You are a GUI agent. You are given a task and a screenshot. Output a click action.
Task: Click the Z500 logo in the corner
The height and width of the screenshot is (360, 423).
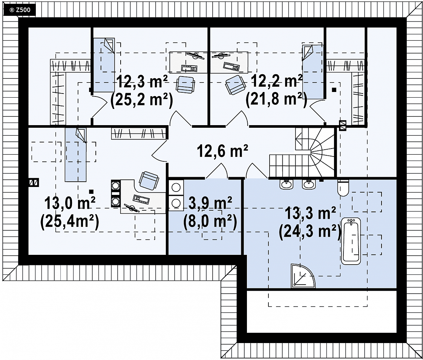pyautogui.click(x=20, y=10)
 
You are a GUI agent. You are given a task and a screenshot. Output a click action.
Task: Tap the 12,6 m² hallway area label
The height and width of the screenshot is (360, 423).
pyautogui.click(x=222, y=151)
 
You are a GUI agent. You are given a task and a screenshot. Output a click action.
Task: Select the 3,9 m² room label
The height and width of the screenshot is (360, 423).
pyautogui.click(x=210, y=204)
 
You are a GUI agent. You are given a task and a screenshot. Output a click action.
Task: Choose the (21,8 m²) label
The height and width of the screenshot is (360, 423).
pyautogui.click(x=276, y=100)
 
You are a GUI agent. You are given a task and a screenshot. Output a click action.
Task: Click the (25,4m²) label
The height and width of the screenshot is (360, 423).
pyautogui.click(x=70, y=222)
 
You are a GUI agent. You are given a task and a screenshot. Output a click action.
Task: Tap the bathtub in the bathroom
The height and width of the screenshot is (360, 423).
pyautogui.click(x=351, y=241)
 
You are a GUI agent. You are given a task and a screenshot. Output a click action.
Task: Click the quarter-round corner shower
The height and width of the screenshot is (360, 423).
pyautogui.click(x=303, y=276)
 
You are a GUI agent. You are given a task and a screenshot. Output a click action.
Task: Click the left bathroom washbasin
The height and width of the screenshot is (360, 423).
pyautogui.click(x=287, y=184)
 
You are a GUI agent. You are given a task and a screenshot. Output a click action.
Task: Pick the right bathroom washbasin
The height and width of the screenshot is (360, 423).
pyautogui.click(x=309, y=184)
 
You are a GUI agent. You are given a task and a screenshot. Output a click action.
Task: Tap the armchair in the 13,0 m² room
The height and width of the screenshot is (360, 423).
pyautogui.click(x=148, y=181)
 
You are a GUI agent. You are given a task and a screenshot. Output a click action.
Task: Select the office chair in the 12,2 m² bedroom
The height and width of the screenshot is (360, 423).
pyautogui.click(x=236, y=85)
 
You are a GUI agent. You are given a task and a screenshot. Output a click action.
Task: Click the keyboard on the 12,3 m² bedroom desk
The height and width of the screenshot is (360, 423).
pyautogui.click(x=189, y=69)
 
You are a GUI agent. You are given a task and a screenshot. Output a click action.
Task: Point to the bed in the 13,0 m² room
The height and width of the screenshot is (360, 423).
pyautogui.click(x=75, y=155)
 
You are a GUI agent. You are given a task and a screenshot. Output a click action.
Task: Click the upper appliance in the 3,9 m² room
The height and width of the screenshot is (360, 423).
pyautogui.click(x=176, y=187)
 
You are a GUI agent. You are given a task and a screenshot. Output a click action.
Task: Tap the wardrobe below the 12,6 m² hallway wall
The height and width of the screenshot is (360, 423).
pyautogui.click(x=138, y=133)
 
